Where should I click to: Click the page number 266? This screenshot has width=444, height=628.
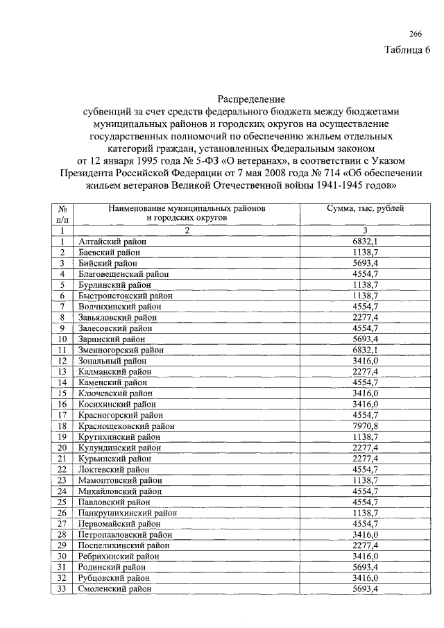(x=416, y=35)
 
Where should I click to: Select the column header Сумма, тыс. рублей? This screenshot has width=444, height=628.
(x=365, y=208)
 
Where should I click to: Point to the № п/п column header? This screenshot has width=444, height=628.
(x=62, y=213)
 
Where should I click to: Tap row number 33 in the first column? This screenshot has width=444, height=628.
(x=62, y=588)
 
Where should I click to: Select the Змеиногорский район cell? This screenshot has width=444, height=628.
(x=121, y=350)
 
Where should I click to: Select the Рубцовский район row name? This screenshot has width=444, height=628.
(x=114, y=578)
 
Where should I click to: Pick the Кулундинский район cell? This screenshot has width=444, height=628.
(x=119, y=448)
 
